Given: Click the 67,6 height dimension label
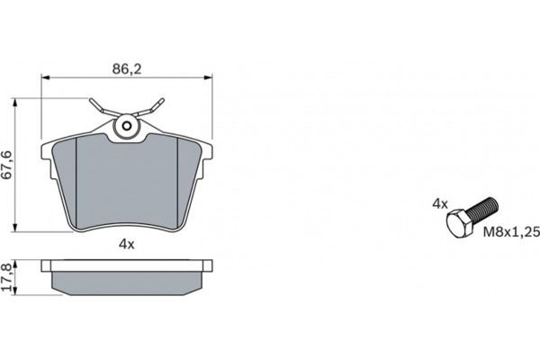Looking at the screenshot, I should click(8, 164).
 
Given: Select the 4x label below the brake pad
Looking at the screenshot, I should click(126, 243).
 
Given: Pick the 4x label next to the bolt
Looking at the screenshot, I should click(439, 203).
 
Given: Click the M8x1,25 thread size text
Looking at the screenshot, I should click(510, 231).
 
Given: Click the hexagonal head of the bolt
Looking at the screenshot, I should click(458, 224).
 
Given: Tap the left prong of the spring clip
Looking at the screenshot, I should click(97, 105).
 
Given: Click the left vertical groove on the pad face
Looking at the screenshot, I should click(79, 180).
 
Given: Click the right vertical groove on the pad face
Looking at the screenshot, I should click(176, 180).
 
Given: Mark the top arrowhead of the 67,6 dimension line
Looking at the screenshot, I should click(20, 102).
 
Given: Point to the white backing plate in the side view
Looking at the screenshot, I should click(127, 265).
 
